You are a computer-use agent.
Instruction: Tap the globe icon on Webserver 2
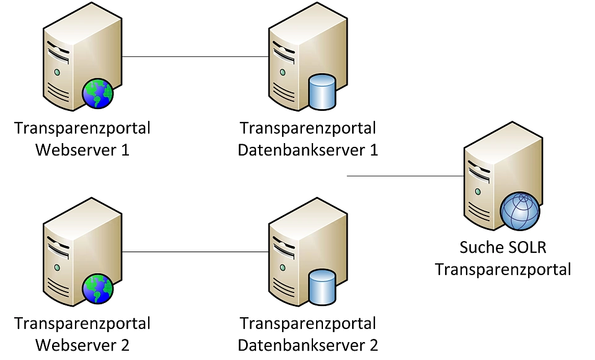click(98, 289)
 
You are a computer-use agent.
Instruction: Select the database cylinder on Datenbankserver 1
click(322, 92)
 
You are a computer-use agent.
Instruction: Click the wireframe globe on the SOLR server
click(521, 211)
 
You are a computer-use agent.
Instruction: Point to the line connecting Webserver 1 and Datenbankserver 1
click(195, 57)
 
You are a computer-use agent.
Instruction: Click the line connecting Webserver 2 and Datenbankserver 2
click(195, 252)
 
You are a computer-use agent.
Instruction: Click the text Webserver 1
click(82, 150)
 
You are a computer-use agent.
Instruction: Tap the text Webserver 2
click(82, 345)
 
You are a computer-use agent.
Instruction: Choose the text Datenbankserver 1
click(308, 150)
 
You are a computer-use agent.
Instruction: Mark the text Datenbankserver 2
click(308, 345)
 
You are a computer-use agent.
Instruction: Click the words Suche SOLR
click(503, 248)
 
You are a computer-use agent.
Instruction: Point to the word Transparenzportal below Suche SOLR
click(503, 270)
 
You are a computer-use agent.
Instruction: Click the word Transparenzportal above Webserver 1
click(82, 129)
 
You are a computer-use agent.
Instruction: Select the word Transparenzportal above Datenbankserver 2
click(308, 323)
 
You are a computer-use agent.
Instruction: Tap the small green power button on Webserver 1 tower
click(57, 72)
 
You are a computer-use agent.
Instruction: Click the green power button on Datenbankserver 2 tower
click(283, 268)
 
